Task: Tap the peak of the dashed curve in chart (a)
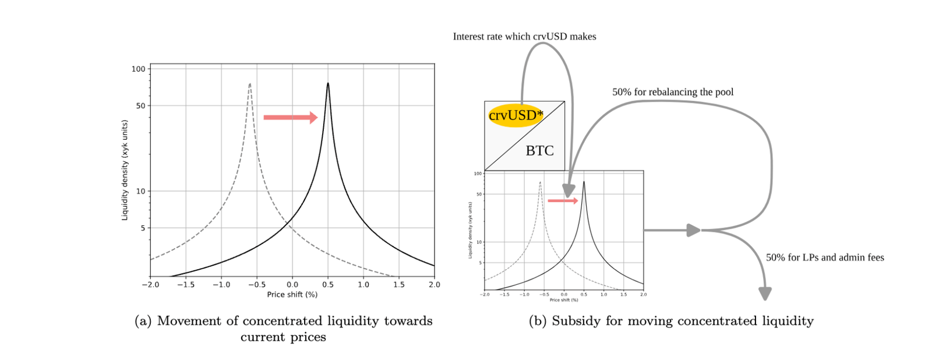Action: pyautogui.click(x=250, y=84)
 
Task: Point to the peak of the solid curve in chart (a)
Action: pyautogui.click(x=328, y=84)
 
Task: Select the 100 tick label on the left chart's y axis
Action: pyautogui.click(x=138, y=69)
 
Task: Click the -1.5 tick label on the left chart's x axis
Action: pyautogui.click(x=186, y=285)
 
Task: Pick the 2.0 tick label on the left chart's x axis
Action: pyautogui.click(x=434, y=285)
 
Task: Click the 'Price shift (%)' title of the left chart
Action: pyautogui.click(x=292, y=295)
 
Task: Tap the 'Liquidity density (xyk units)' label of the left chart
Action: pyautogui.click(x=124, y=170)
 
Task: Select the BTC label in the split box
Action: pyautogui.click(x=539, y=151)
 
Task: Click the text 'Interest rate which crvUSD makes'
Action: pyautogui.click(x=524, y=37)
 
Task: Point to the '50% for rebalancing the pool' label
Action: pyautogui.click(x=673, y=92)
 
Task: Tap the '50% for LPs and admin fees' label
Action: pyautogui.click(x=825, y=257)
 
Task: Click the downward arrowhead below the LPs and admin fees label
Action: pyautogui.click(x=765, y=294)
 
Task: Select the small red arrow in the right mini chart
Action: pyautogui.click(x=563, y=201)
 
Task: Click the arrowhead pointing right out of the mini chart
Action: pyautogui.click(x=693, y=230)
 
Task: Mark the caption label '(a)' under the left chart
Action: pyautogui.click(x=143, y=321)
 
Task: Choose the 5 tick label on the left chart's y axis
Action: pyautogui.click(x=143, y=228)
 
